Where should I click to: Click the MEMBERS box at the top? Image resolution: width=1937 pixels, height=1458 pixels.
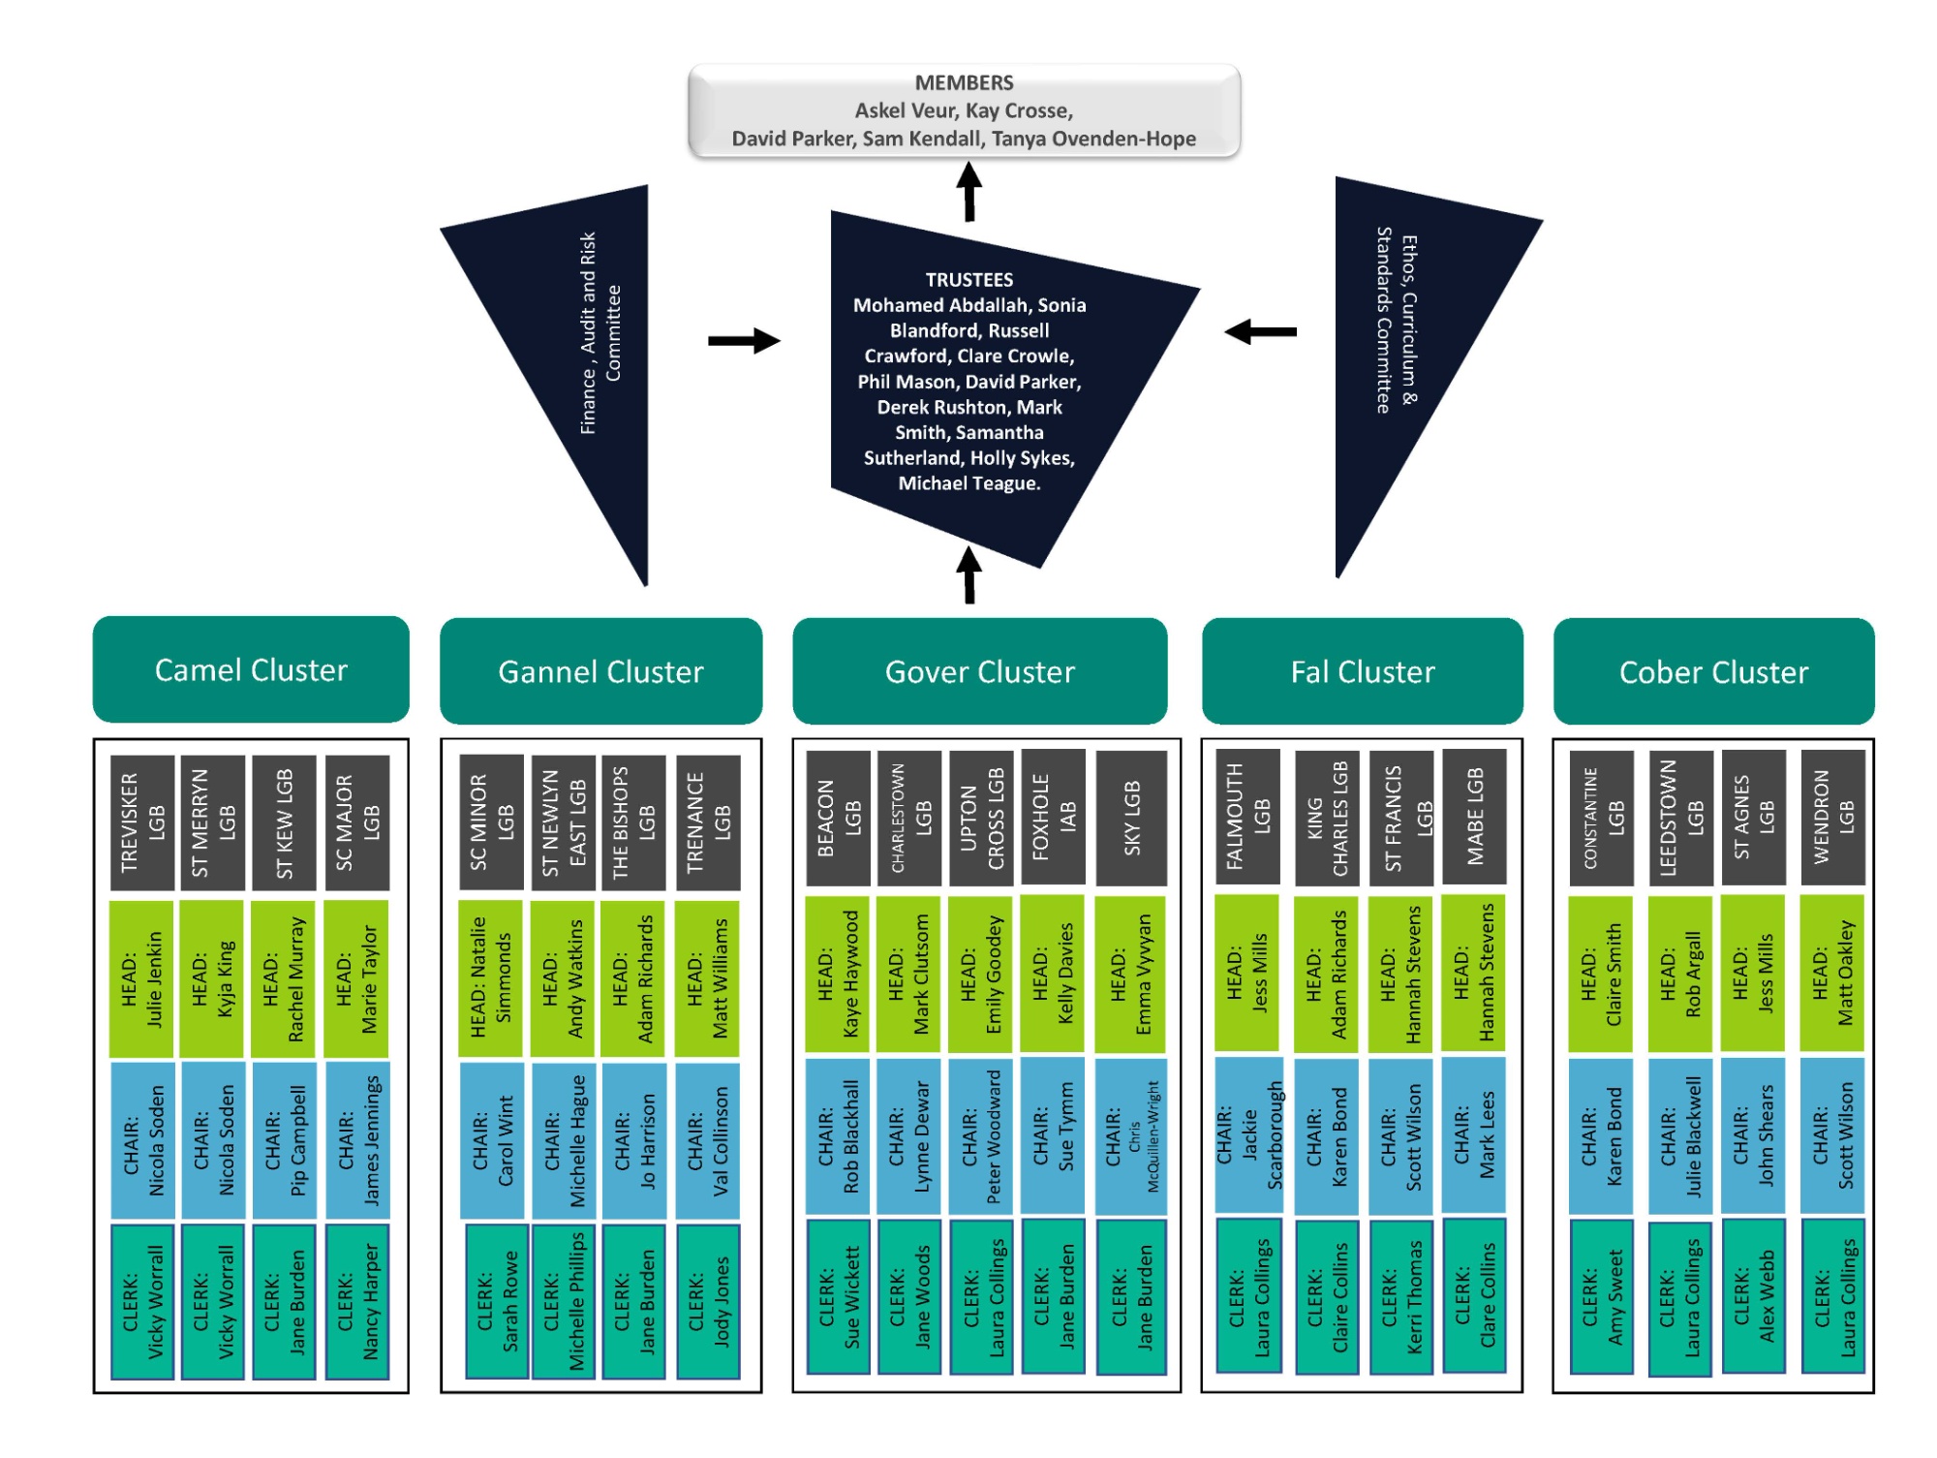pyautogui.click(x=964, y=110)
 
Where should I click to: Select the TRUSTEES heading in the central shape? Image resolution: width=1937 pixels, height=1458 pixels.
pyautogui.click(x=968, y=280)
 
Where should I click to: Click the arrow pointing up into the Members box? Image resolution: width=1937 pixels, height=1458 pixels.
pyautogui.click(x=968, y=191)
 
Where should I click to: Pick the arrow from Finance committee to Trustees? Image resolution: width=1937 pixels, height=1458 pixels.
pyautogui.click(x=743, y=340)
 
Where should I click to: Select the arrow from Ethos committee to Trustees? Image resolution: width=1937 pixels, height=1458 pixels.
pyautogui.click(x=1260, y=332)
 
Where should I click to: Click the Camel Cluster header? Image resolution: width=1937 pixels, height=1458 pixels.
pyautogui.click(x=251, y=669)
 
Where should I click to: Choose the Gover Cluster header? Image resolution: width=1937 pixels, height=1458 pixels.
pyautogui.click(x=979, y=671)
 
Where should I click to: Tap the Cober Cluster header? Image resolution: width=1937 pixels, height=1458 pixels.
pyautogui.click(x=1712, y=671)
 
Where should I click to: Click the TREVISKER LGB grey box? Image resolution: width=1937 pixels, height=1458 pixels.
pyautogui.click(x=142, y=822)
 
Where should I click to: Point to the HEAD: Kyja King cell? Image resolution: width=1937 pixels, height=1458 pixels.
pyautogui.click(x=212, y=978)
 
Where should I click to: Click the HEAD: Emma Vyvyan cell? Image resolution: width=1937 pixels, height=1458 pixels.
pyautogui.click(x=1130, y=974)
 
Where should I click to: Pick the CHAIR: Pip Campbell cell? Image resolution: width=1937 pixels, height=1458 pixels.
pyautogui.click(x=284, y=1139)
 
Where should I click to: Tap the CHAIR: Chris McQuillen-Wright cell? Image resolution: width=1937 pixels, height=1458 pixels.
pyautogui.click(x=1130, y=1136)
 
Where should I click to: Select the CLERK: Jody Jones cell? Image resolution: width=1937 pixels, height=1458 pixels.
pyautogui.click(x=708, y=1301)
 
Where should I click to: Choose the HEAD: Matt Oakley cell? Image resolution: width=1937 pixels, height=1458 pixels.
pyautogui.click(x=1831, y=974)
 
